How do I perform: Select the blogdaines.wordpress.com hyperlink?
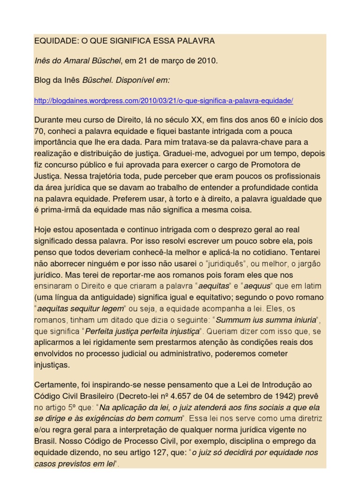pyautogui.click(x=164, y=101)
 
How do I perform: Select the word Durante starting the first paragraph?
pyautogui.click(x=49, y=120)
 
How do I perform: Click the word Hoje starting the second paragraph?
pyautogui.click(x=43, y=230)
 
